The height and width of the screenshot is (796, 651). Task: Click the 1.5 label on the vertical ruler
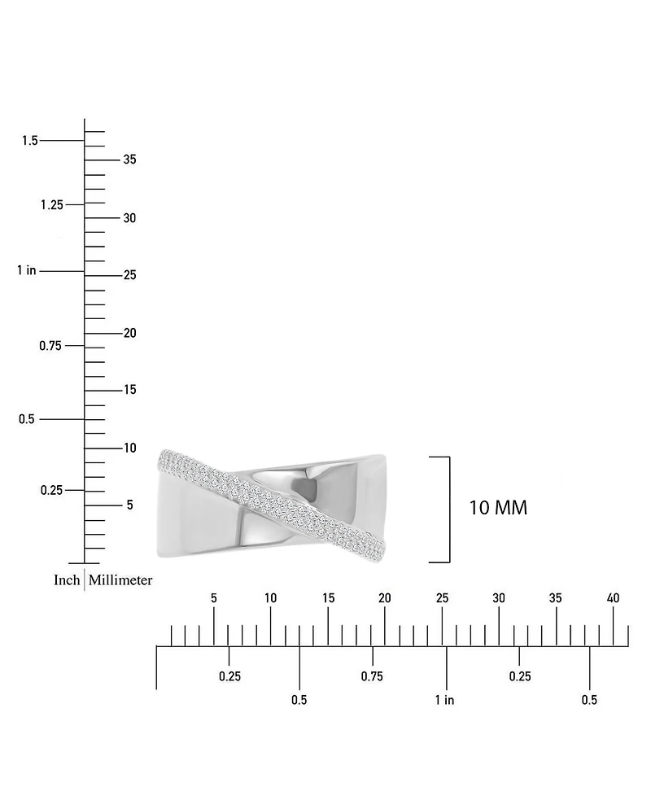pyautogui.click(x=30, y=140)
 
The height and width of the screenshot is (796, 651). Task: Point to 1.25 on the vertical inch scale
pyautogui.click(x=52, y=204)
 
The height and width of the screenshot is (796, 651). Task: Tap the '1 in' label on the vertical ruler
pyautogui.click(x=27, y=270)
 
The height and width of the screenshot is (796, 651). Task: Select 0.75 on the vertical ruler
pyautogui.click(x=50, y=346)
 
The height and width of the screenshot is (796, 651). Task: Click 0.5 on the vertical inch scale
pyautogui.click(x=27, y=419)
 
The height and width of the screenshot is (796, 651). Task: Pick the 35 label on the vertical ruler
pyautogui.click(x=130, y=160)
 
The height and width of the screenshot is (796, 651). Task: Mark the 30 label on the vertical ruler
pyautogui.click(x=130, y=218)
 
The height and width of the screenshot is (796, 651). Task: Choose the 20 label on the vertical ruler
pyautogui.click(x=130, y=333)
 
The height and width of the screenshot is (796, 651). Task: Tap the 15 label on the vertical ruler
pyautogui.click(x=130, y=389)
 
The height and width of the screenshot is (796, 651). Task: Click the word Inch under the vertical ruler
pyautogui.click(x=67, y=580)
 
